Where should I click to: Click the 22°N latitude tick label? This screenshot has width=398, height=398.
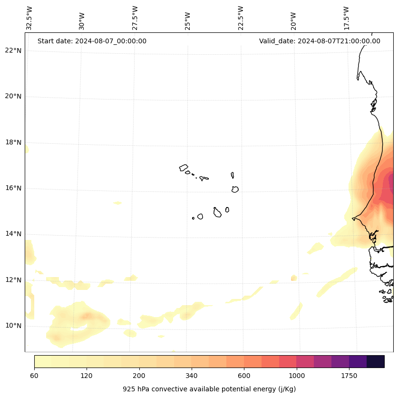13,50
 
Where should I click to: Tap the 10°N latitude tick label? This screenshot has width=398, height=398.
13,326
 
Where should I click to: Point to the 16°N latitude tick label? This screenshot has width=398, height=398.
13,188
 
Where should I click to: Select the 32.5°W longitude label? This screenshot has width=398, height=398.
29,18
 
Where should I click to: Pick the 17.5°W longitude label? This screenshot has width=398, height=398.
346,18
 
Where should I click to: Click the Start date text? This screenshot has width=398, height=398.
92,41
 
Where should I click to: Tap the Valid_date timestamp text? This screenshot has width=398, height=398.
320,41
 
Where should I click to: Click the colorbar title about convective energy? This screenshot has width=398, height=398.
209,389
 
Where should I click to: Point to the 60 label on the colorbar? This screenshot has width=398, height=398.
34,376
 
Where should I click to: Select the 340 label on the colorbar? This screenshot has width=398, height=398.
192,376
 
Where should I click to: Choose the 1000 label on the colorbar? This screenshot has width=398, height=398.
297,376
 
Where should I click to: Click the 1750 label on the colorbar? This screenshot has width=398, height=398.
349,376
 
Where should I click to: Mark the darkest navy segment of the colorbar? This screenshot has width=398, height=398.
376,361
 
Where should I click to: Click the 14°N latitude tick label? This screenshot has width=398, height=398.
13,234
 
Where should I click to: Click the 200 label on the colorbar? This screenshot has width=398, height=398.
139,376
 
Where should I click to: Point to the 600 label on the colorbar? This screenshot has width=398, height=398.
244,376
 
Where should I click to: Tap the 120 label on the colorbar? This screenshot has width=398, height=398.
87,376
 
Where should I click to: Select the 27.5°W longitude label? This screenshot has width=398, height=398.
135,18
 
